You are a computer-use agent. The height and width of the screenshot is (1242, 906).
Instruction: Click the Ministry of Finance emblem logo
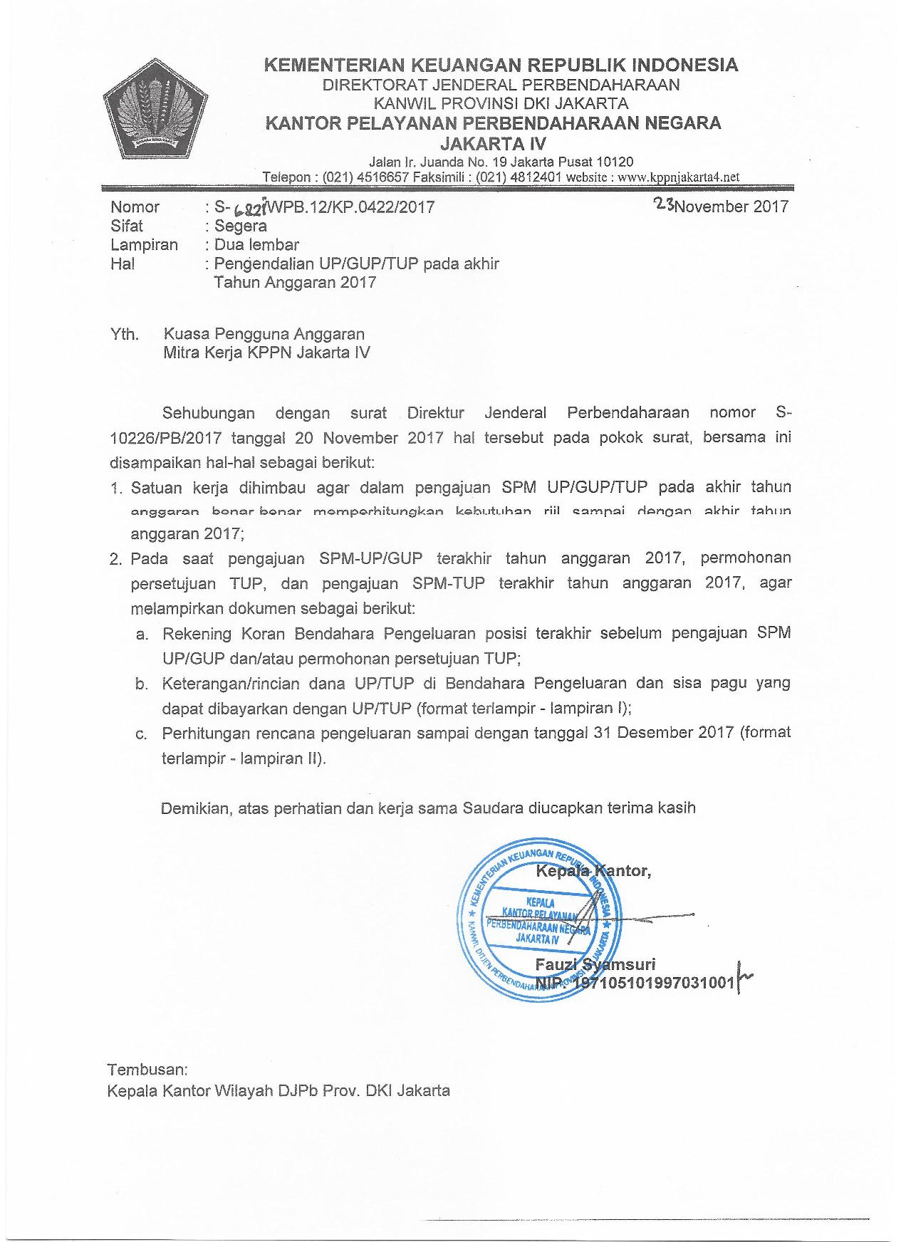click(x=155, y=114)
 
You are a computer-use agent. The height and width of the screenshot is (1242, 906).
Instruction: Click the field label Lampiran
click(x=144, y=245)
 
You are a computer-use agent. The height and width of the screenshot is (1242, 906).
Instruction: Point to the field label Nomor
click(x=135, y=207)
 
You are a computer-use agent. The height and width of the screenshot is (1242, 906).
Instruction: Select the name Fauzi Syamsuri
click(x=595, y=964)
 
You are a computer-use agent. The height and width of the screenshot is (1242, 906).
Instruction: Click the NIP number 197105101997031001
click(x=654, y=983)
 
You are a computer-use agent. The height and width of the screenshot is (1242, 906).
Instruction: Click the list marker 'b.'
click(x=142, y=684)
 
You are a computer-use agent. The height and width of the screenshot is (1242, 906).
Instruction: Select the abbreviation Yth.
click(x=124, y=334)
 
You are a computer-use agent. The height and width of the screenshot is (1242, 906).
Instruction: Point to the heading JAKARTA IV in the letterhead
click(x=494, y=143)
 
